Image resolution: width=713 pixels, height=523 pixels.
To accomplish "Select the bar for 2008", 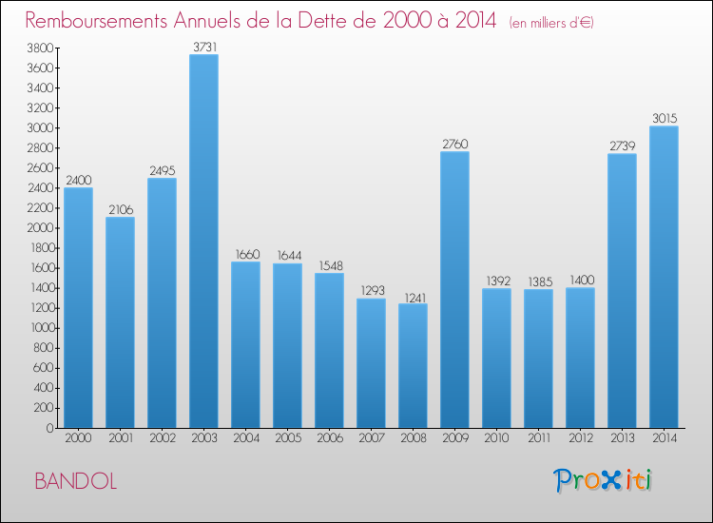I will (413, 366).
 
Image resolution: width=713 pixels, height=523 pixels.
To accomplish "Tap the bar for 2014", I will (664, 277).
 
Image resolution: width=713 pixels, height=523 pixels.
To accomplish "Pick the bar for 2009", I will (454, 290).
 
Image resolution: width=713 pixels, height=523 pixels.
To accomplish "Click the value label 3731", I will (203, 46).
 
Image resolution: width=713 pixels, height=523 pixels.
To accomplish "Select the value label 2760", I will (454, 144).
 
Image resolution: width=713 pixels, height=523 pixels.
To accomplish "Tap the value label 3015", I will (664, 118).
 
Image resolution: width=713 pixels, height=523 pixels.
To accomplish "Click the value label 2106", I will (120, 208).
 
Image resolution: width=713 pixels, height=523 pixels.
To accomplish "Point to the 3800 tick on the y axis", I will (38, 48).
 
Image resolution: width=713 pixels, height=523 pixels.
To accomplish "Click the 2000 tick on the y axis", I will (38, 228).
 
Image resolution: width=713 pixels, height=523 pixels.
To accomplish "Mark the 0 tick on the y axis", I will (48, 428).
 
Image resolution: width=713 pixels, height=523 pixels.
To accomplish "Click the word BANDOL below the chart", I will (76, 481).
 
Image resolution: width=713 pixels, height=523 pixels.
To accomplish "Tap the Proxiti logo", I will (603, 480).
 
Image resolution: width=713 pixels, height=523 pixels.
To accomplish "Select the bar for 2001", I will (120, 322).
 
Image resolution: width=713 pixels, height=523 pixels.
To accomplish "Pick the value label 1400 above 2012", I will (580, 280).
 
